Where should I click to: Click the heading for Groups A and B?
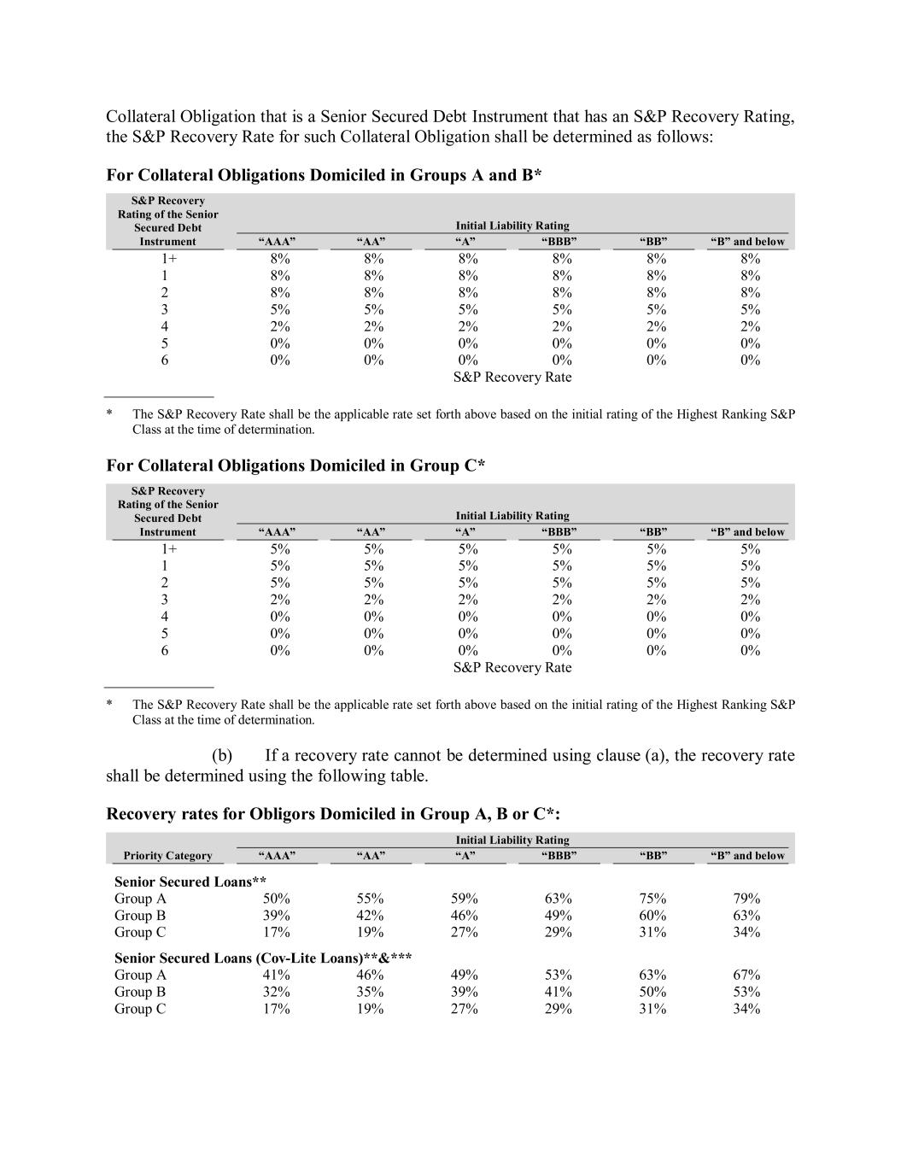pyautogui.click(x=324, y=175)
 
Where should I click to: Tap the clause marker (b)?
pyautogui.click(x=222, y=756)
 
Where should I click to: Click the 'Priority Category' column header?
pyautogui.click(x=167, y=856)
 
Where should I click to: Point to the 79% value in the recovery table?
pyautogui.click(x=746, y=899)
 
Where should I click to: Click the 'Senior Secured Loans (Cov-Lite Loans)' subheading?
pyautogui.click(x=263, y=958)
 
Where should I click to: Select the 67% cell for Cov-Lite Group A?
pyautogui.click(x=746, y=976)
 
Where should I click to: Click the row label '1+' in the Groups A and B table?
pyautogui.click(x=165, y=259)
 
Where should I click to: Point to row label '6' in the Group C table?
pyautogui.click(x=165, y=651)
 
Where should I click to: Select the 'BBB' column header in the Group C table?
pyautogui.click(x=559, y=532)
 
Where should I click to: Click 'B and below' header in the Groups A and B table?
pyautogui.click(x=747, y=242)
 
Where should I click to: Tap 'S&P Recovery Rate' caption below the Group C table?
pyautogui.click(x=512, y=668)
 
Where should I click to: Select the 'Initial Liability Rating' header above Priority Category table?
pyautogui.click(x=512, y=841)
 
